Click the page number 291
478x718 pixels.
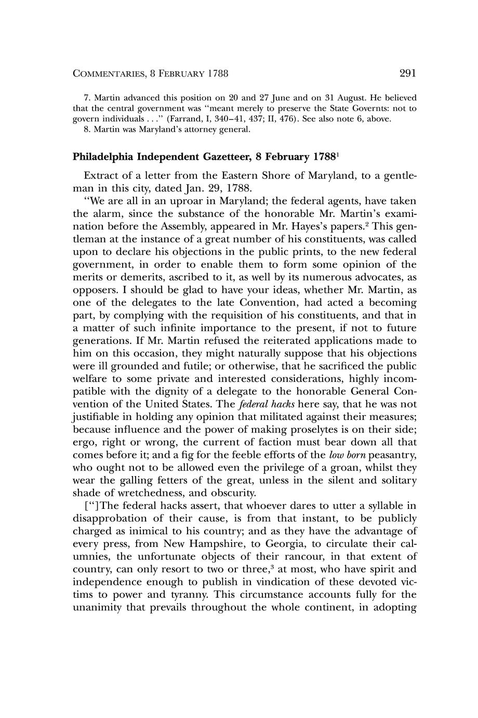click(408, 73)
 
